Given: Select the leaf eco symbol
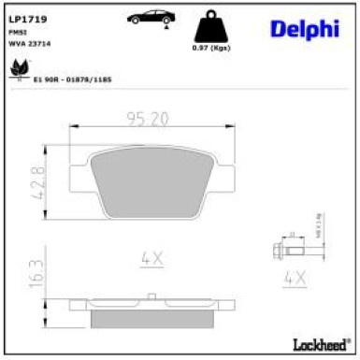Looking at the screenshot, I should click(17, 67).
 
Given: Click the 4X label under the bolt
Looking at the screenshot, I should click(295, 277).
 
